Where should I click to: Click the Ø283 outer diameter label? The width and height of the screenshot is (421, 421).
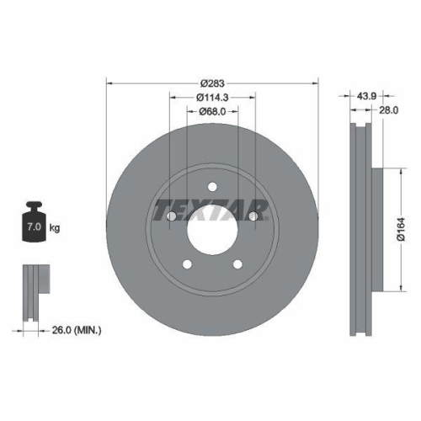tap(212, 83)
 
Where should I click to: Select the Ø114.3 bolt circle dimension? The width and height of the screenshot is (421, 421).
tap(212, 98)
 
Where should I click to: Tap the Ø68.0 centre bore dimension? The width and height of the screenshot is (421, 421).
tap(212, 112)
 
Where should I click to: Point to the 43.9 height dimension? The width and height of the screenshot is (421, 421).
tap(366, 96)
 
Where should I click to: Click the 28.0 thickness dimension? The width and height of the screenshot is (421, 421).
tap(389, 110)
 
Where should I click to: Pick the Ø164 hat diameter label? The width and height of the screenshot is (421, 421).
tap(402, 229)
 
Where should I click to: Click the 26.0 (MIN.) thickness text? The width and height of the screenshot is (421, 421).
tap(77, 330)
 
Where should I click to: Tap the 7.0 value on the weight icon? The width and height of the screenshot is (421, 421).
tap(35, 226)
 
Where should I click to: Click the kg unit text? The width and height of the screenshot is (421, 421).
tap(55, 228)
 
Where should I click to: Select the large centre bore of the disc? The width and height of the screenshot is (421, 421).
tap(212, 230)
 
